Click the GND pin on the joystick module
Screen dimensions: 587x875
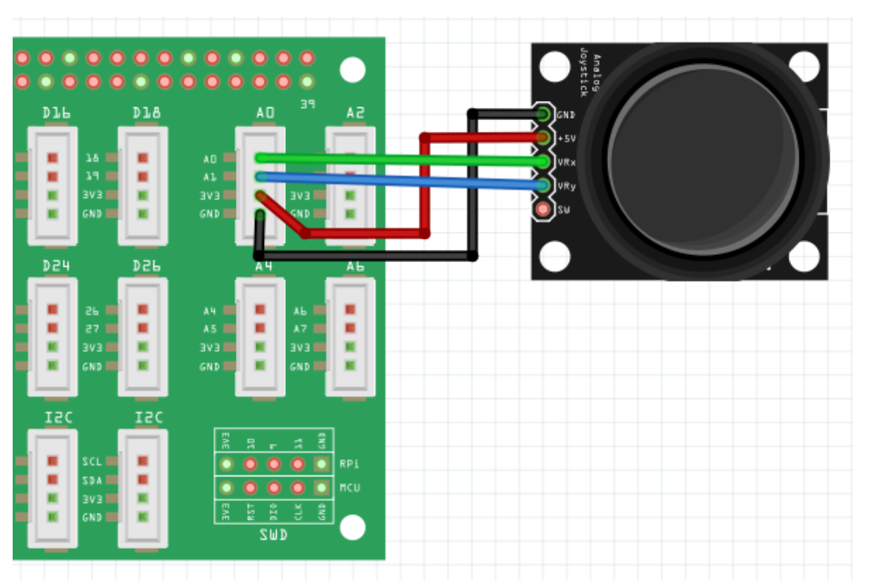(543, 114)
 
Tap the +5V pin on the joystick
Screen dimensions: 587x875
(543, 137)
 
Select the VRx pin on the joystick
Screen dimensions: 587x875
(543, 162)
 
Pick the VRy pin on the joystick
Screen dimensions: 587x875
(543, 186)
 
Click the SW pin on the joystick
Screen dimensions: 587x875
(543, 209)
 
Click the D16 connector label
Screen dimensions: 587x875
(56, 113)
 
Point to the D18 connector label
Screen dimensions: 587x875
(146, 113)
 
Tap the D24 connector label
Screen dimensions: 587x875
(56, 266)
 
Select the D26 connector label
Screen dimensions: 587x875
(146, 266)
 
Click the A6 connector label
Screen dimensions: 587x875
(355, 266)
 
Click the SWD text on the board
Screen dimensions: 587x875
(273, 535)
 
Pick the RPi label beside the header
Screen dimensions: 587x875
(350, 464)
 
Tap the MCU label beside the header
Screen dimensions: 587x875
(350, 488)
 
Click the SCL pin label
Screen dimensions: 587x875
(92, 461)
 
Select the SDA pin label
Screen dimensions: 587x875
(92, 480)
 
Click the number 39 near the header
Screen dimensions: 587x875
(307, 105)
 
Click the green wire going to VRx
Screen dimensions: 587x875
(395, 159)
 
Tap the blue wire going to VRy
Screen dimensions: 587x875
(395, 180)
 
